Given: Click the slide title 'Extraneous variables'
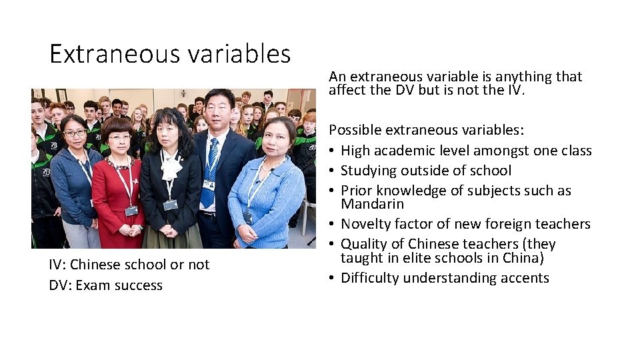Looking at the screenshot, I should [x=170, y=54].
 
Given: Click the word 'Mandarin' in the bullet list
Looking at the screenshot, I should [x=372, y=204].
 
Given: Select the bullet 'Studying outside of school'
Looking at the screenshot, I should [x=425, y=171].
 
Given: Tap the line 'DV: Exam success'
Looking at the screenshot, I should [x=105, y=285].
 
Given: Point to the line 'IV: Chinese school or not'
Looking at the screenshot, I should [x=129, y=265].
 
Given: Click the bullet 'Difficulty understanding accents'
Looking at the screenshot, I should [x=445, y=278].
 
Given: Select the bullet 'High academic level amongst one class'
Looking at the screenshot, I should [x=466, y=151].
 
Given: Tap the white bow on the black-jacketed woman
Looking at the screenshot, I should [x=171, y=167].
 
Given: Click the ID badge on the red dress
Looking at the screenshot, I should [x=131, y=210].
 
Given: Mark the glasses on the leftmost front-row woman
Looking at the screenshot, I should [x=75, y=133].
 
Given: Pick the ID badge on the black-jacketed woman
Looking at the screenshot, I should [x=171, y=204].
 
